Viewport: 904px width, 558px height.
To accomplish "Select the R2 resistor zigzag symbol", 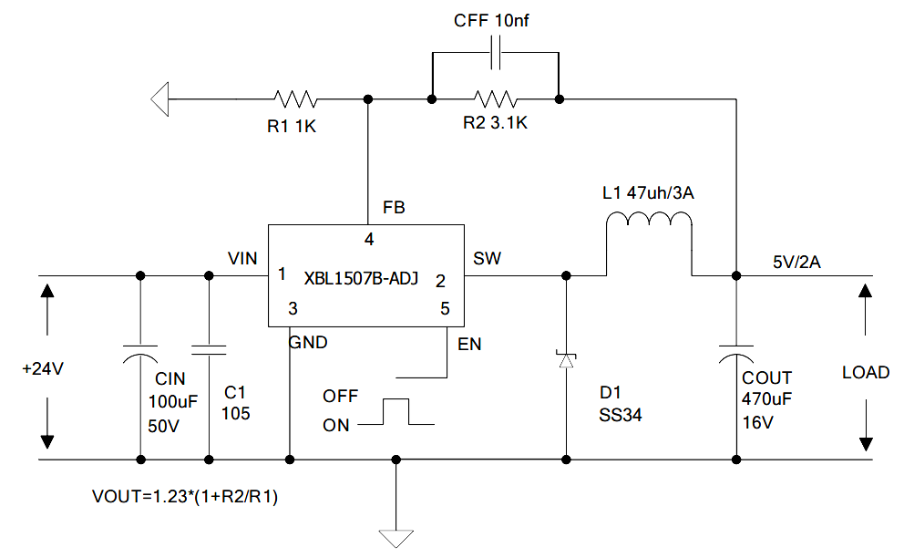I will click(x=493, y=98).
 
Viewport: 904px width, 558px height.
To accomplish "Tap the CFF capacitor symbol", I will click(x=493, y=54).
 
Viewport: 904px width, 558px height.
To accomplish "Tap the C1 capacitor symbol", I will click(x=210, y=349).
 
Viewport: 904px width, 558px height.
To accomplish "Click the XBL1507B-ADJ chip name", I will click(x=362, y=279).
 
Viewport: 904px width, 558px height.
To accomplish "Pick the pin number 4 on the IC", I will click(x=369, y=240).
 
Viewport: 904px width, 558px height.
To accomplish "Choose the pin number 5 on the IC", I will click(x=445, y=308).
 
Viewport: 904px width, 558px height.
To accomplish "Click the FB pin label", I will click(x=394, y=208).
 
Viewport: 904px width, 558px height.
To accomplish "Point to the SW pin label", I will click(x=487, y=259).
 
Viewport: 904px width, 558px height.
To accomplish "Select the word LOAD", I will click(x=866, y=372).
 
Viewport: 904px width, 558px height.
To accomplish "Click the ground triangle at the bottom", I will click(x=395, y=537).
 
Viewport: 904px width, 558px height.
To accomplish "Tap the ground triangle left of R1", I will click(x=160, y=98).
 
